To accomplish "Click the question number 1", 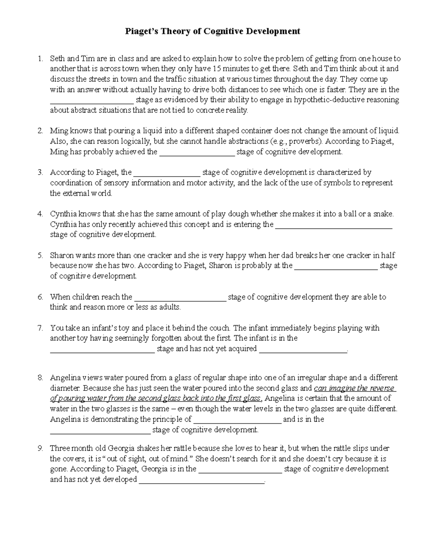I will click(x=40, y=59).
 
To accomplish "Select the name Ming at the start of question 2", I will click(x=59, y=131).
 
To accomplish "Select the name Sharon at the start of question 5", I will click(x=61, y=255).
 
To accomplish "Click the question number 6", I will click(x=40, y=297).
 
